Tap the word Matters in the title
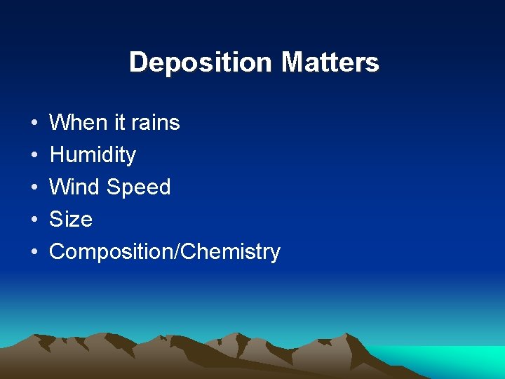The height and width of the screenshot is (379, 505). [330, 62]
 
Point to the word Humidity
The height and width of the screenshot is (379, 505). [93, 155]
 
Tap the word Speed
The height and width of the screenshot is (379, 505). [139, 187]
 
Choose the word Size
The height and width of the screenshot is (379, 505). [71, 220]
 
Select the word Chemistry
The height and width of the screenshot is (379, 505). [230, 252]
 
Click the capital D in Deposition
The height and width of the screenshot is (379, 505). [137, 62]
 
